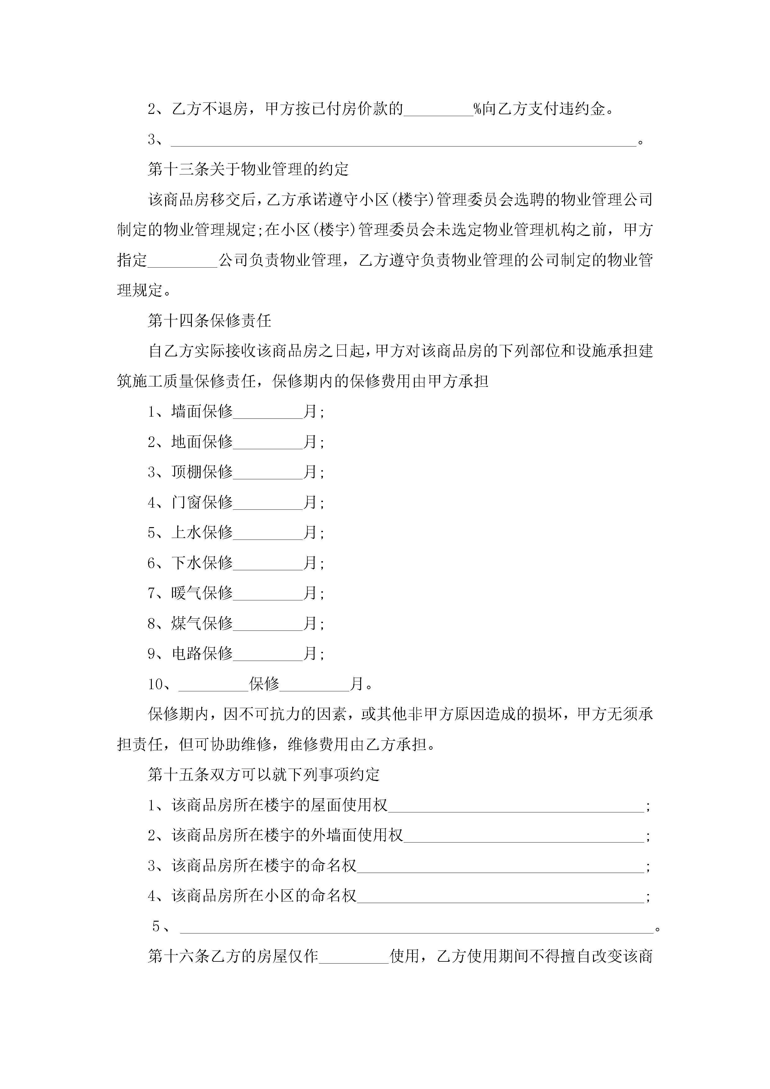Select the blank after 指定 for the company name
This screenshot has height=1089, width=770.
point(183,260)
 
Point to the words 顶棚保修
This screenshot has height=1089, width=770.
point(202,472)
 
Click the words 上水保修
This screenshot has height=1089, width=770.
point(202,533)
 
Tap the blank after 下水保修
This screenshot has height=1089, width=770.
point(268,563)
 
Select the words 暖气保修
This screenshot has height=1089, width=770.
point(202,593)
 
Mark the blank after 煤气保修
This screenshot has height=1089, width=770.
point(268,623)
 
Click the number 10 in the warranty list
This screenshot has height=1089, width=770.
point(155,684)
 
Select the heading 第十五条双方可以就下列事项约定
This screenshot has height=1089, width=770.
point(264,775)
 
